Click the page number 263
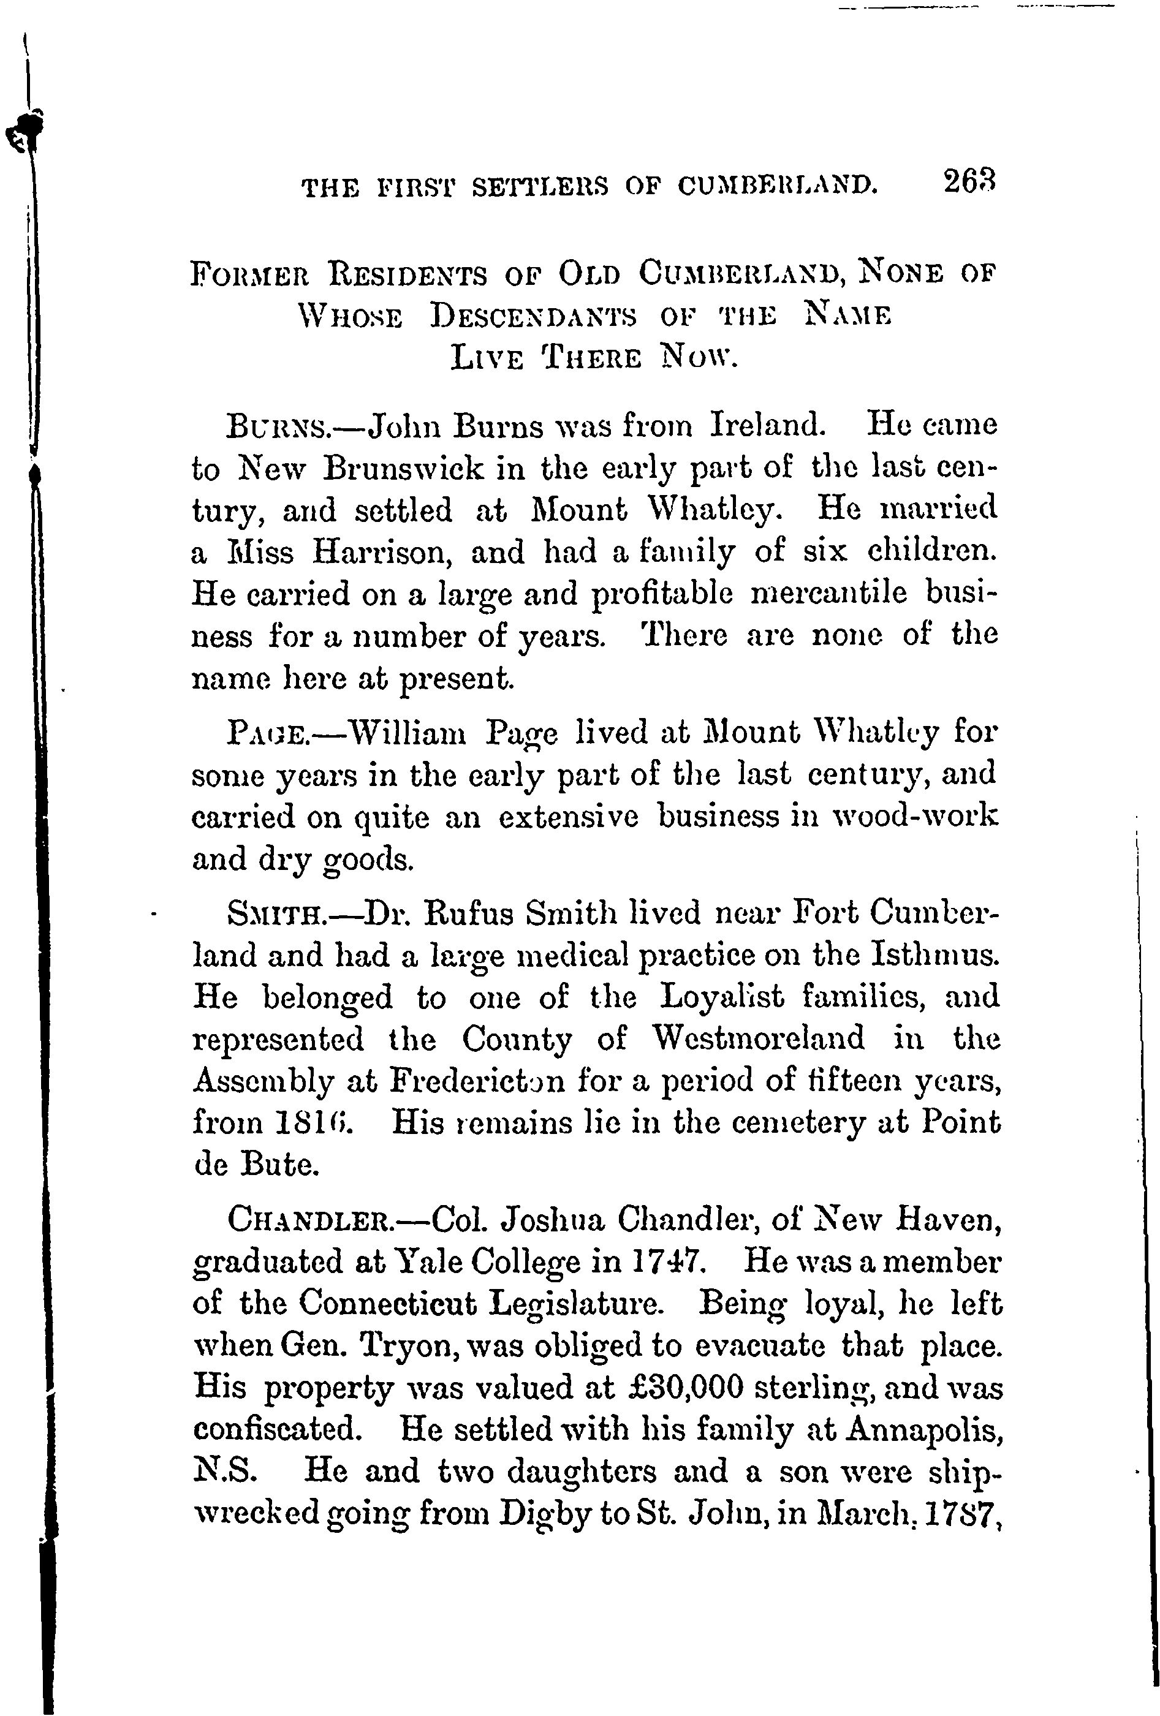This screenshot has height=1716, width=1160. point(969,181)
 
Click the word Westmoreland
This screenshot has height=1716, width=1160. point(758,1039)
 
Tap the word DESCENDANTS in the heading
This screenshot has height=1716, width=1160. point(534,316)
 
